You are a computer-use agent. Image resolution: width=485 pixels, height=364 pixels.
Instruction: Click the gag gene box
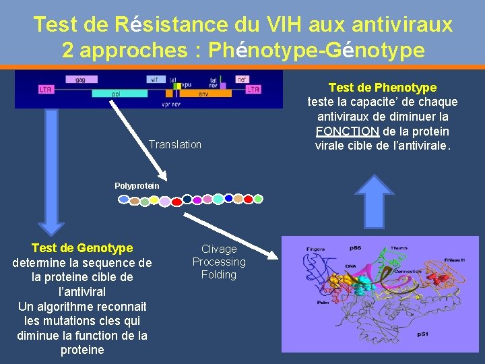80,80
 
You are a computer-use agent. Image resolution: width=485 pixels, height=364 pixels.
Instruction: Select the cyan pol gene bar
118,94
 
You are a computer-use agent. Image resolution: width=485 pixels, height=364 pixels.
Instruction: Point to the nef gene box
242,80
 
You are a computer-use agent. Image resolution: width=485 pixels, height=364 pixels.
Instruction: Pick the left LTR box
46,89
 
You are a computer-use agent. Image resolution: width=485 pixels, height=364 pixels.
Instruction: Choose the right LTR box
253,89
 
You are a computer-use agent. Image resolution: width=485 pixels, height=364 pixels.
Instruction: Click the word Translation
175,144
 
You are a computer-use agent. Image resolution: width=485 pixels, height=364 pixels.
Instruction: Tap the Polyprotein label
137,185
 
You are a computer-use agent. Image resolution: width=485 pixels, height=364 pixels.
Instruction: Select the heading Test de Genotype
82,248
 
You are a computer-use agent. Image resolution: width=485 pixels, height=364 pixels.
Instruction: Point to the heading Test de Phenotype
382,88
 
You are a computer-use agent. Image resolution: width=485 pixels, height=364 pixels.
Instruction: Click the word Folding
219,274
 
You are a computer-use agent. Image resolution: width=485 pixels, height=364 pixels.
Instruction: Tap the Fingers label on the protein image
315,249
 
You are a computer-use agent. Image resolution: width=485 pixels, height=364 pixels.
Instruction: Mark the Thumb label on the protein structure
399,247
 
